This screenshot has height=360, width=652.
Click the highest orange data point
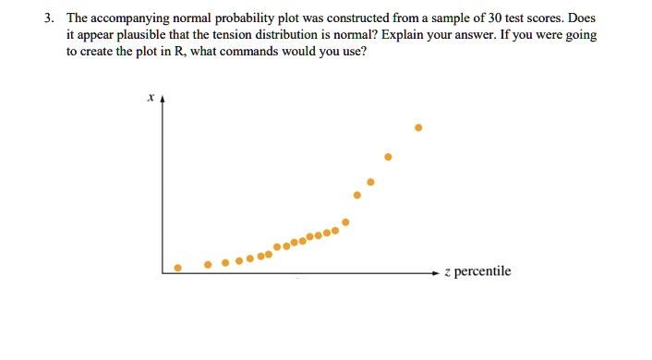(x=418, y=127)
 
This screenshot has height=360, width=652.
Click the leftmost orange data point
(x=179, y=268)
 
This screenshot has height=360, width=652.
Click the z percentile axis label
(x=477, y=271)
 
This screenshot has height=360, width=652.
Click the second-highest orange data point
(x=388, y=158)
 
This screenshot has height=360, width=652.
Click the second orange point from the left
(x=209, y=264)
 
